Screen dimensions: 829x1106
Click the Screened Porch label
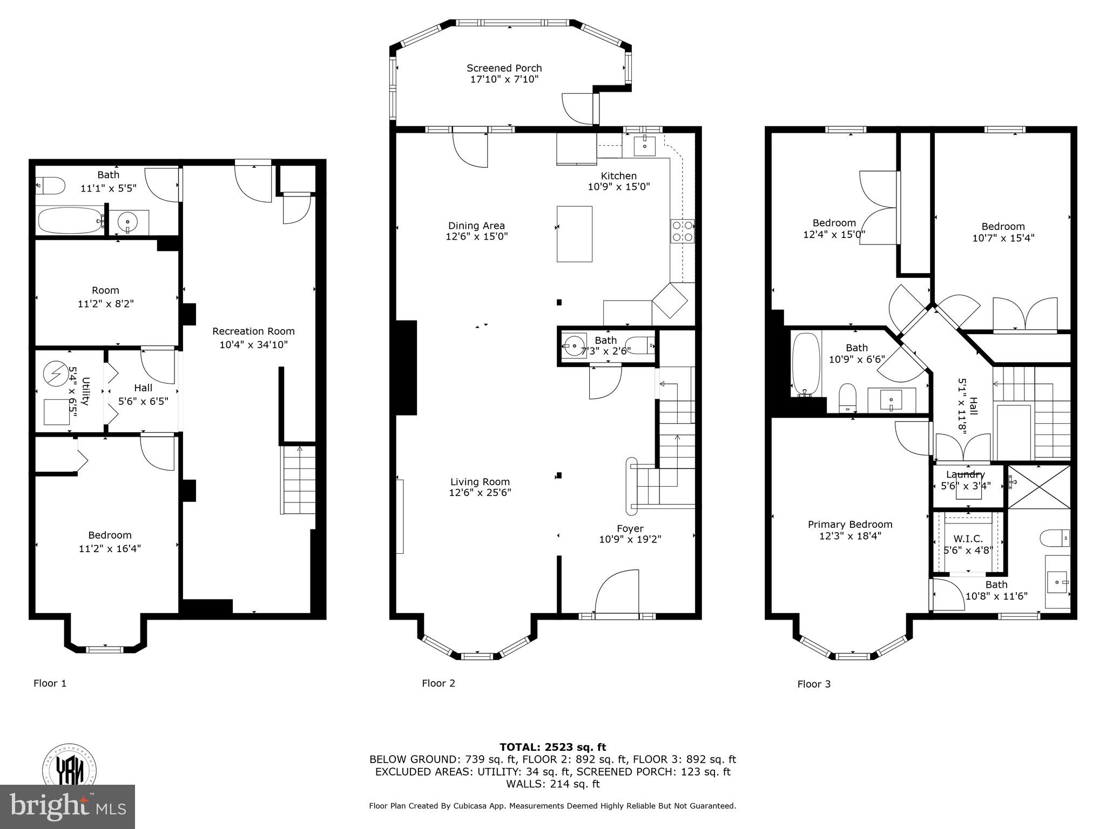tap(504, 69)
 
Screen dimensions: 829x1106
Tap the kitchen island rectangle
tap(574, 234)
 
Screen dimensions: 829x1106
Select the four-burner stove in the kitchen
tap(682, 231)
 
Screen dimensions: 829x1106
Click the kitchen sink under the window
tap(644, 146)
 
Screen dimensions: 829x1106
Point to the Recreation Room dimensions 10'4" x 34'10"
tap(253, 344)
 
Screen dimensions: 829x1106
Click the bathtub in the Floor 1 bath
tap(71, 220)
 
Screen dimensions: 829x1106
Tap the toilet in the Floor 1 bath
tap(50, 186)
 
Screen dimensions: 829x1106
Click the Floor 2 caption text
tap(438, 683)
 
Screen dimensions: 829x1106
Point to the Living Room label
tap(480, 482)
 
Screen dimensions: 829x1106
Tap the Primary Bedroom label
tap(849, 524)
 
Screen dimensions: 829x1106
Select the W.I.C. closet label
tap(968, 539)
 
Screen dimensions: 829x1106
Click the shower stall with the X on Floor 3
tap(1038, 487)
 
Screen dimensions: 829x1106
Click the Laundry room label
tap(965, 474)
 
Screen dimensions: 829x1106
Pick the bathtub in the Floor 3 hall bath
tap(806, 364)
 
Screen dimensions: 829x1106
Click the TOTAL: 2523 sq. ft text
tap(552, 747)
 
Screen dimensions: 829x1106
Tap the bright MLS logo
tap(67, 806)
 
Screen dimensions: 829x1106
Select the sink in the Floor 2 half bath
tap(574, 344)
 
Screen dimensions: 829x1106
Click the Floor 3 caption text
tap(814, 684)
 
